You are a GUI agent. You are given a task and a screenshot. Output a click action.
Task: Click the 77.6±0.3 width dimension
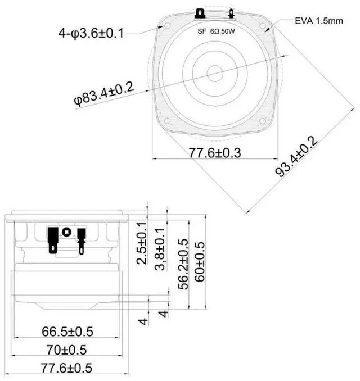point(215,152)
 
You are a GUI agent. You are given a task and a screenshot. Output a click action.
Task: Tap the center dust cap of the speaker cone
point(214,73)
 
